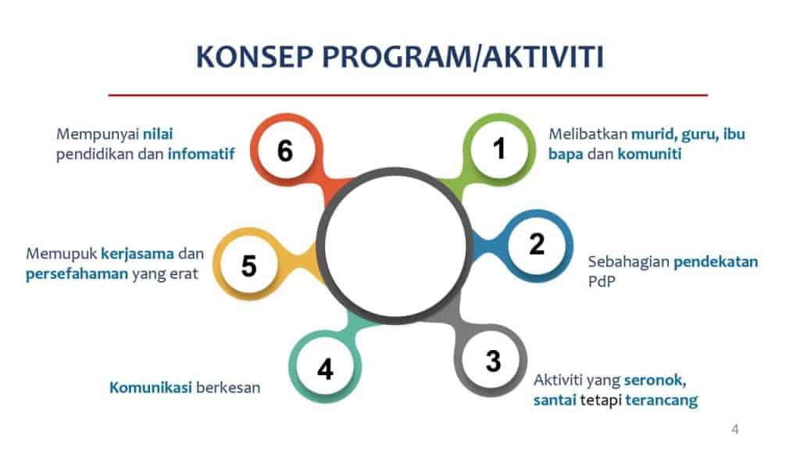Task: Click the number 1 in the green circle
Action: pyautogui.click(x=499, y=148)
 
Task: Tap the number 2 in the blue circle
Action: pyautogui.click(x=537, y=244)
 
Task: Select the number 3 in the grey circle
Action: pyautogui.click(x=493, y=361)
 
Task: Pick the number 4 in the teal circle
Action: pyautogui.click(x=325, y=369)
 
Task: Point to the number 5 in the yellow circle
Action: pyautogui.click(x=248, y=266)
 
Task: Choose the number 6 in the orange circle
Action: pyautogui.click(x=285, y=151)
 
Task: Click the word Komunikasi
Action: pyautogui.click(x=151, y=387)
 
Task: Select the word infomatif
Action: pyautogui.click(x=201, y=154)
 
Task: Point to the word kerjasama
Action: pyautogui.click(x=137, y=254)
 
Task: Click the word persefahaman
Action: pyautogui.click(x=77, y=274)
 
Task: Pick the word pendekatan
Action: pyautogui.click(x=716, y=262)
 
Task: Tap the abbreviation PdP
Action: pyautogui.click(x=602, y=281)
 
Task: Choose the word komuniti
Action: pyautogui.click(x=649, y=154)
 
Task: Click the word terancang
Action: pyautogui.click(x=661, y=400)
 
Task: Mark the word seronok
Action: pyautogui.click(x=655, y=380)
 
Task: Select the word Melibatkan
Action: pyautogui.click(x=587, y=134)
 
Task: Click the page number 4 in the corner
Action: pyautogui.click(x=735, y=429)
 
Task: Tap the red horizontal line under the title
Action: pyautogui.click(x=408, y=95)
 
